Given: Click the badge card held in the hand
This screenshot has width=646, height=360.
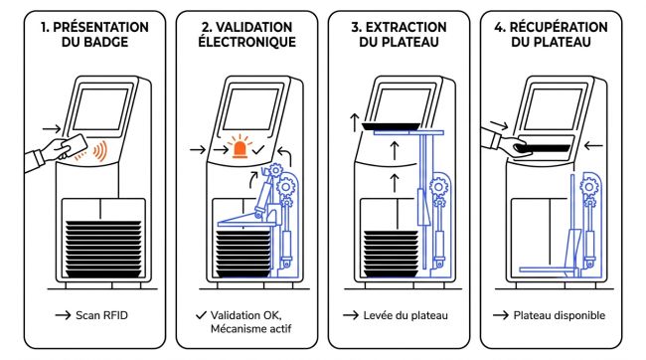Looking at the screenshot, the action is (x=75, y=145).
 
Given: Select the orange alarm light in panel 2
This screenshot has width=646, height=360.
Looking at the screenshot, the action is (x=240, y=146).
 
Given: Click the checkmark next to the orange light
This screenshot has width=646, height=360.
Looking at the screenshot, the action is (x=258, y=150).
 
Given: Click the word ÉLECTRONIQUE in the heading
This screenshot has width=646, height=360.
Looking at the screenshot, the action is (x=246, y=42).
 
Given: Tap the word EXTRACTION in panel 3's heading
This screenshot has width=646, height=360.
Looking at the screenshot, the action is (x=406, y=27).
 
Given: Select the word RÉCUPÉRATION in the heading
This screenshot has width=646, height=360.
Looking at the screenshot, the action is (x=559, y=27).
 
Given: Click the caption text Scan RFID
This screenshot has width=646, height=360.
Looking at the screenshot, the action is (x=101, y=315).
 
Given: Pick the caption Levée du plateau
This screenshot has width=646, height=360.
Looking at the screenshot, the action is (x=405, y=315).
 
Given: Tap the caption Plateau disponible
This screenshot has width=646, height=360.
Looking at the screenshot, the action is (x=560, y=315).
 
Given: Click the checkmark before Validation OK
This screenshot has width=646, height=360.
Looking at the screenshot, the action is (x=201, y=315).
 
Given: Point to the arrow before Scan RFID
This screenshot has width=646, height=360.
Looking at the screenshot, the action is (x=63, y=315).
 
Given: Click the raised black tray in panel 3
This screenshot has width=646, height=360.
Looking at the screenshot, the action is (x=391, y=126).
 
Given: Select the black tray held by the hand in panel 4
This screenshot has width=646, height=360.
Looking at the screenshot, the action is (x=545, y=148).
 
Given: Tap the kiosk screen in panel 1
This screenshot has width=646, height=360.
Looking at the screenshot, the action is (x=101, y=109).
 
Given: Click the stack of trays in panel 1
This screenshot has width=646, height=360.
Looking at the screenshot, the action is (x=103, y=249).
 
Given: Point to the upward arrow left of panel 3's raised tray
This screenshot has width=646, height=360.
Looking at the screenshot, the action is (x=355, y=123).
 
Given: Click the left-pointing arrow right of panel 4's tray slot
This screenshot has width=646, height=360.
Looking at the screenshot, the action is (x=593, y=145).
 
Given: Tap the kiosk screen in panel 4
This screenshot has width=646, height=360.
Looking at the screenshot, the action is (x=553, y=109).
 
